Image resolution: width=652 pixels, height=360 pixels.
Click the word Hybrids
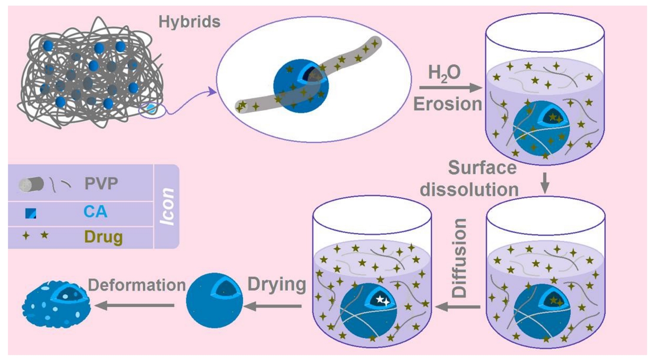pyautogui.click(x=189, y=22)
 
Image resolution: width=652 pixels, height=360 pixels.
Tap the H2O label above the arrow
pyautogui.click(x=444, y=73)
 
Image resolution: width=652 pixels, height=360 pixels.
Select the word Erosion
pyautogui.click(x=447, y=104)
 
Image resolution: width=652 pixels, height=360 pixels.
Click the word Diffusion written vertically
pyautogui.click(x=459, y=258)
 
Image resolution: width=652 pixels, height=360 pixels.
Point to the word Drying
pyautogui.click(x=277, y=284)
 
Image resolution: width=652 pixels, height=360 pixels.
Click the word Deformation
pyautogui.click(x=137, y=285)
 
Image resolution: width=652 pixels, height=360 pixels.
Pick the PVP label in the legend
pyautogui.click(x=101, y=183)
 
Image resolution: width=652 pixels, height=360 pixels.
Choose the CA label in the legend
pyautogui.click(x=95, y=212)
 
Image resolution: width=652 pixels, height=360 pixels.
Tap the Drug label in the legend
pyautogui.click(x=103, y=237)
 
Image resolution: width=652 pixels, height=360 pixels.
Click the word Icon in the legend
pyautogui.click(x=167, y=206)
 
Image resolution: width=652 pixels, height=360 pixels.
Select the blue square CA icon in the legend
pyautogui.click(x=30, y=213)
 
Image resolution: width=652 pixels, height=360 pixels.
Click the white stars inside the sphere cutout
pyautogui.click(x=383, y=300)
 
